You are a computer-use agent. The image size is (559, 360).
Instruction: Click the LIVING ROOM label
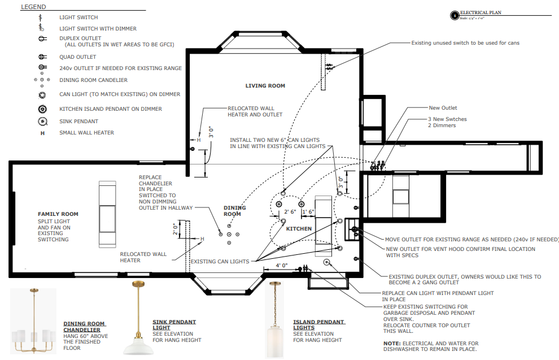point(265,86)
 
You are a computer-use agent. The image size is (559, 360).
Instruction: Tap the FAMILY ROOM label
point(58,214)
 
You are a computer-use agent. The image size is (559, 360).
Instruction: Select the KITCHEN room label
point(299,229)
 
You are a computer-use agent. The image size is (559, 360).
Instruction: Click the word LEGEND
point(33,7)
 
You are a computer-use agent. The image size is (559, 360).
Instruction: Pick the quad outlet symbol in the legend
point(42,57)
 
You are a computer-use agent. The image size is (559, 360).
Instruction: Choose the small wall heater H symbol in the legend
point(42,133)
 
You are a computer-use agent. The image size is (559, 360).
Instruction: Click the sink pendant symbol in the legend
point(42,122)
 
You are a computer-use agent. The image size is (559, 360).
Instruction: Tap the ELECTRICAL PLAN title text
point(481,12)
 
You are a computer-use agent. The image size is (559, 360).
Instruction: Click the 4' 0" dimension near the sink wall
point(282,266)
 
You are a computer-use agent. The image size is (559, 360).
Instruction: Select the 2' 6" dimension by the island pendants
point(290,211)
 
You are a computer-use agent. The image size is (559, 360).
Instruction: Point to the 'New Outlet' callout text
point(443,108)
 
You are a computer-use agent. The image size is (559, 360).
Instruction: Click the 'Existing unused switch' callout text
point(465,43)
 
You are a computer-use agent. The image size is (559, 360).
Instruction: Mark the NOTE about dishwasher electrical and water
point(431,346)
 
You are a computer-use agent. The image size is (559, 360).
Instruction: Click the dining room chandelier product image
point(33,321)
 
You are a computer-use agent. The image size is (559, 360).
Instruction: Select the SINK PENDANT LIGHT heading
point(174,324)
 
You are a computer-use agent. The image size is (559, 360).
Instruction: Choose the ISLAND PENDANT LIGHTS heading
point(318,324)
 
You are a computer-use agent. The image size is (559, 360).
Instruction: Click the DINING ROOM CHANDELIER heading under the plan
point(84,327)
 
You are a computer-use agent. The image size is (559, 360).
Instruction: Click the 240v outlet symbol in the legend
point(42,67)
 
